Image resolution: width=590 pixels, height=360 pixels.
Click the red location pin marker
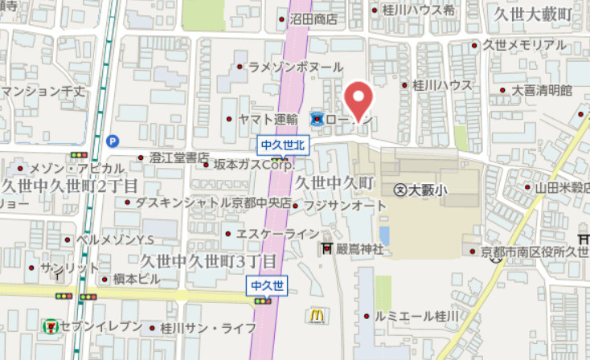(x=358, y=100)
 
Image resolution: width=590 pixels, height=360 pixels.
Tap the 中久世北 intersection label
(x=280, y=145)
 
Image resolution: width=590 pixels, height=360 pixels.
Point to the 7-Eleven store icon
(x=50, y=326)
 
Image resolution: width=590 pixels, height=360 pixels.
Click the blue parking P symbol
(x=112, y=140)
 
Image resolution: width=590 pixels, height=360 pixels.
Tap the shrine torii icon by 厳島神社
(x=328, y=248)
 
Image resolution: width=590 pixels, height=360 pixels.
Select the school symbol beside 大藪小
(x=399, y=190)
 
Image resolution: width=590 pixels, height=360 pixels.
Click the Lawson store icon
(x=316, y=120)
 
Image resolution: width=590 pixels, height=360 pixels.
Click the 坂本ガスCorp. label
(x=253, y=164)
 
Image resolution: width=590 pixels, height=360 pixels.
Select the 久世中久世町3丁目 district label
(x=207, y=261)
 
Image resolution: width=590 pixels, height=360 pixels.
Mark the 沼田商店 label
(x=314, y=19)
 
